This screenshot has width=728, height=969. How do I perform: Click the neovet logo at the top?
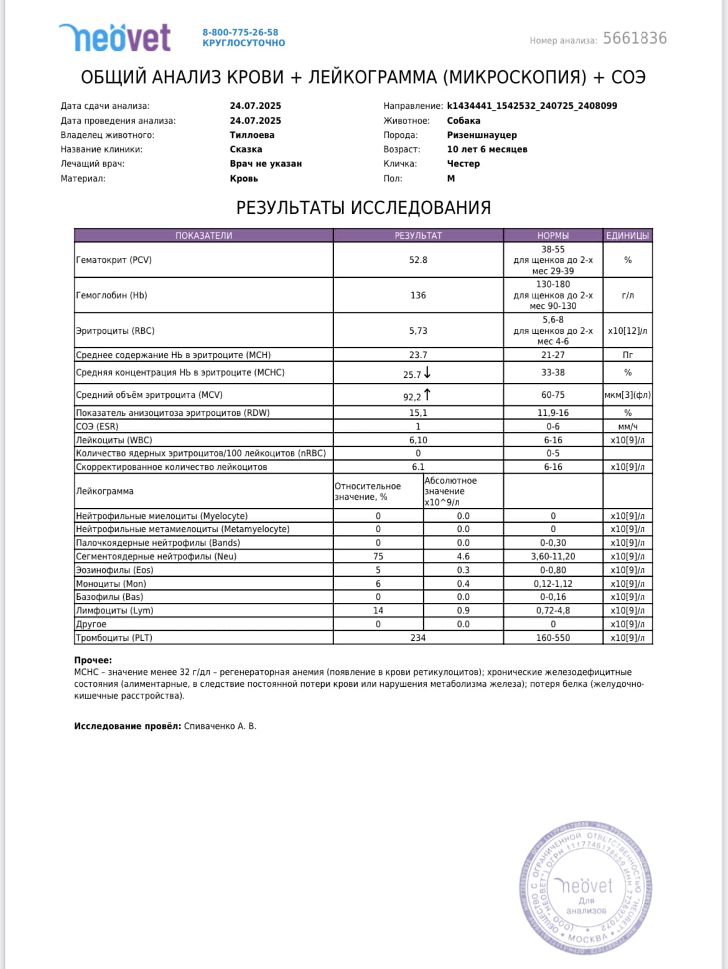coord(114,37)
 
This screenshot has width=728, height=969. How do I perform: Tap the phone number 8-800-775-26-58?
coord(240,32)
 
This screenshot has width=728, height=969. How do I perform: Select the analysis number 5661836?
coord(635,39)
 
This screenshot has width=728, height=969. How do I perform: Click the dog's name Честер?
coord(463,163)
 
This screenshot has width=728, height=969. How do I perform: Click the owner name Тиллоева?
coord(252,135)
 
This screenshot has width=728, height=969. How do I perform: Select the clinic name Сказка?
coord(246,149)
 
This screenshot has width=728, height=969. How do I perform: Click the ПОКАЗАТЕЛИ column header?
coord(203,236)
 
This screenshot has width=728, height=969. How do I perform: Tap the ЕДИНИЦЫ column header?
coord(627,236)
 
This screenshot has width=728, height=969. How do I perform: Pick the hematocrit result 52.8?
coord(418,260)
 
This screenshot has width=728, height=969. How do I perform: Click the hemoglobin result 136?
coord(418,295)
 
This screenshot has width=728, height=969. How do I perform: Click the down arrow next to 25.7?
coord(427,373)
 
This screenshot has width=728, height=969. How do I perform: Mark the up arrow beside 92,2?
coord(427,395)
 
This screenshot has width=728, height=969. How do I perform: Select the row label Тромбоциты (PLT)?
coord(114,638)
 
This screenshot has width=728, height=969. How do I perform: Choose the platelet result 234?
coord(418,638)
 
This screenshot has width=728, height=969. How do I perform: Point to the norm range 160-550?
coord(553,638)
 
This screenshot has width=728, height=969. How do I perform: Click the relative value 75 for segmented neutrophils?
coord(378,556)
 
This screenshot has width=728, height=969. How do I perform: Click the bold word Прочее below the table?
coord(93,660)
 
